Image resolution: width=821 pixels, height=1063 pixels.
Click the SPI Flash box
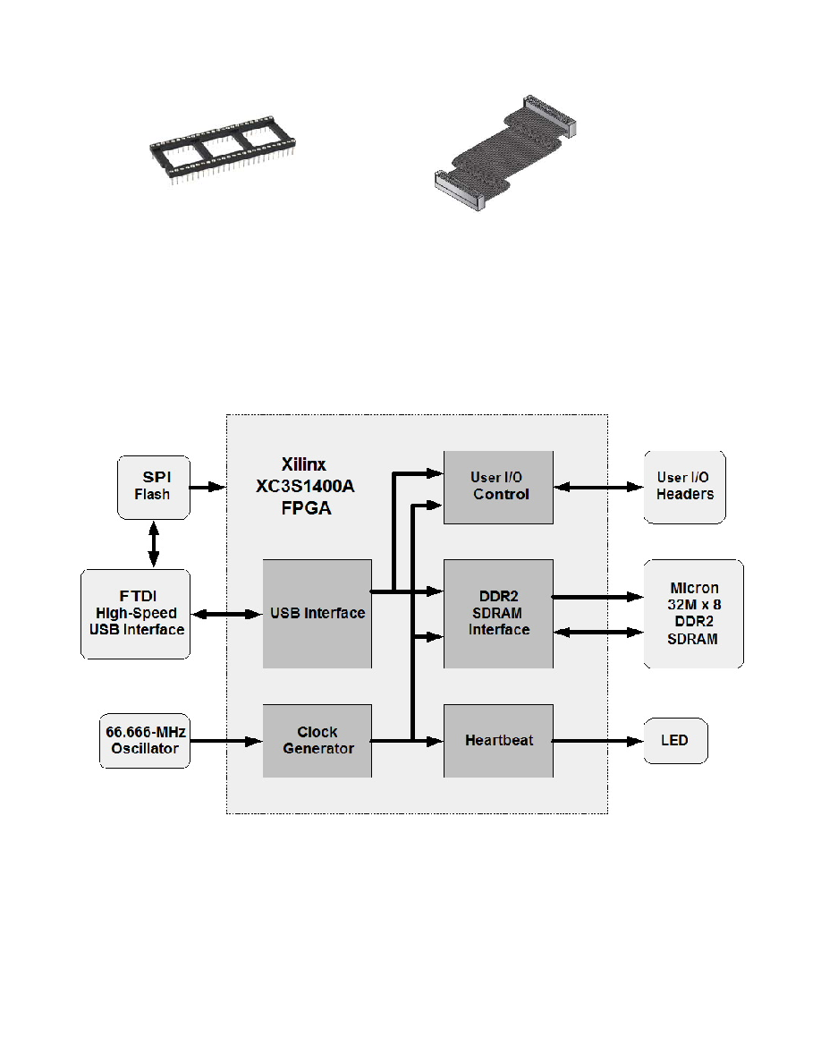(x=154, y=487)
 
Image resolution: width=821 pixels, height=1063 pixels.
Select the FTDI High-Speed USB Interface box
(x=135, y=614)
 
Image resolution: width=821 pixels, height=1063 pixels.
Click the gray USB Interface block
(x=317, y=614)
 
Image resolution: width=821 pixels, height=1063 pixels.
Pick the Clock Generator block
(x=317, y=741)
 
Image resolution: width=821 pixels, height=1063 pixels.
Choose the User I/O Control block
(x=498, y=487)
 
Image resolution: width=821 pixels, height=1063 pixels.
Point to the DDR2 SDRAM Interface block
(x=498, y=614)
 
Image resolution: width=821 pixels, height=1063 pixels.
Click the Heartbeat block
(x=498, y=741)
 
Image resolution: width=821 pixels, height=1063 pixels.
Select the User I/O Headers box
(x=684, y=487)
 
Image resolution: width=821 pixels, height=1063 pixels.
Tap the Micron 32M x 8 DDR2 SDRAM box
(x=693, y=614)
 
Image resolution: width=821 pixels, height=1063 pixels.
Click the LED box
(x=675, y=741)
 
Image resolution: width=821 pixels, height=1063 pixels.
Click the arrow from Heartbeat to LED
(x=597, y=741)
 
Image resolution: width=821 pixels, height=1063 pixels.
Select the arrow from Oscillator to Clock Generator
(x=225, y=741)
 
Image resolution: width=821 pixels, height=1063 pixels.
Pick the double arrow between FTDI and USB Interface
(x=226, y=614)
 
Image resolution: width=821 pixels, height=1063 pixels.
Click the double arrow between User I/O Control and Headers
(x=597, y=487)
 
